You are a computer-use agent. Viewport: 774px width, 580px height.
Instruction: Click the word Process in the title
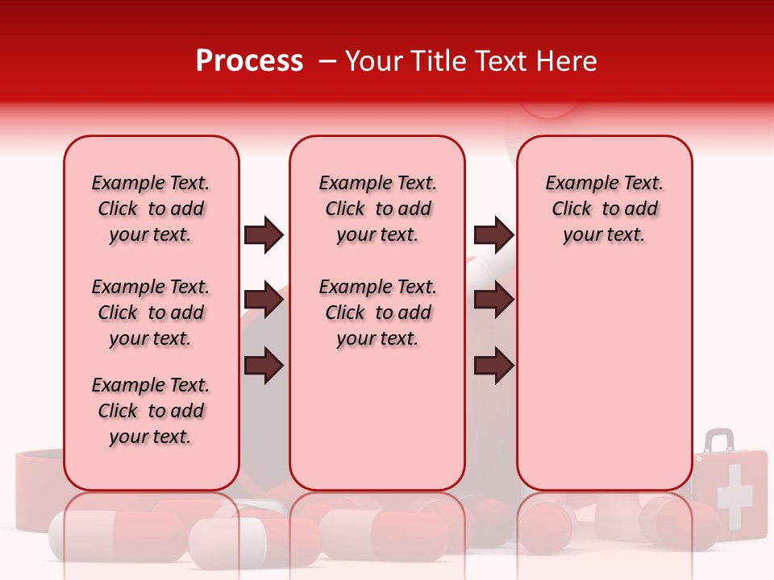coord(249,61)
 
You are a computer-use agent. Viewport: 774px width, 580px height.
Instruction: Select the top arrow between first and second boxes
coord(264,235)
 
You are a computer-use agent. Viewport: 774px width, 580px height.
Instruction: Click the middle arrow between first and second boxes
coord(264,300)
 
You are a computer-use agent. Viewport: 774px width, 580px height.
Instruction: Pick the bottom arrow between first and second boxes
coord(264,366)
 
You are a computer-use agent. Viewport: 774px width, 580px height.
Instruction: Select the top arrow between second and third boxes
coord(493,235)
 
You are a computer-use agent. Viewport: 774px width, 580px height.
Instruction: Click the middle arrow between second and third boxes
coord(493,300)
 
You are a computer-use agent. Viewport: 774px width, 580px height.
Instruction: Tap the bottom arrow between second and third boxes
coord(493,366)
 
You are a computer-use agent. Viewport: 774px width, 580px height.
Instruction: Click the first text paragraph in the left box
coord(151,209)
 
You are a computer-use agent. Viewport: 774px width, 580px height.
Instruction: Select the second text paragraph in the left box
coord(151,313)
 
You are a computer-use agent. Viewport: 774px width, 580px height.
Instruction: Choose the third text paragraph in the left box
coord(151,411)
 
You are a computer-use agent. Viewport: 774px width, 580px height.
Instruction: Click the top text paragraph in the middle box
coord(377,209)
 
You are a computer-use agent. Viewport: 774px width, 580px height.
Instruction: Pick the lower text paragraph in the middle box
coord(377,313)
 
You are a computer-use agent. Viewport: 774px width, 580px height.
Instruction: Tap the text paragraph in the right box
coord(604,209)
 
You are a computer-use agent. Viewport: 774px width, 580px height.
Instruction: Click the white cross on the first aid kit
coord(734,495)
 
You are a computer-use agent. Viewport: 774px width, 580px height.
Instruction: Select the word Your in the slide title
coord(373,61)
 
